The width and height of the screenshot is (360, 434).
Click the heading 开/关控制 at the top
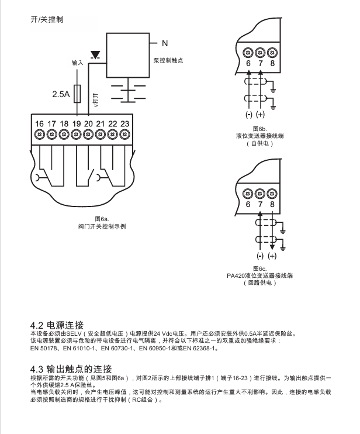[x=47, y=19]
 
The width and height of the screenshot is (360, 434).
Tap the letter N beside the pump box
[x=165, y=43]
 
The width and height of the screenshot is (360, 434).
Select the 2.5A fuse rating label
[x=61, y=94]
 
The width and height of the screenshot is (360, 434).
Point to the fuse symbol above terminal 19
[x=78, y=94]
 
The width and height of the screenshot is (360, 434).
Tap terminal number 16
[x=39, y=123]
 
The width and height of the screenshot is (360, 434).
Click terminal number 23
[x=124, y=123]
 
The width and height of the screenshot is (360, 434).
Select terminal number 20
[x=88, y=123]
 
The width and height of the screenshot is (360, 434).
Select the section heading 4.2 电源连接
[x=57, y=325]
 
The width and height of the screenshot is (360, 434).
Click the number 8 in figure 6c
[x=272, y=204]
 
